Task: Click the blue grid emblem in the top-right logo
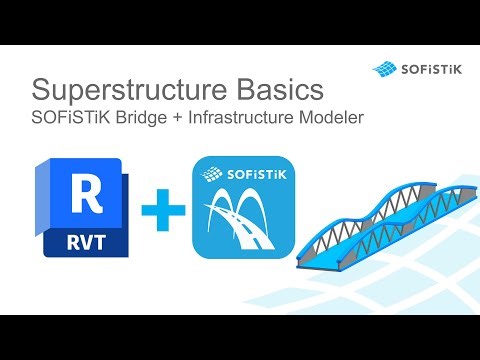tap(386, 68)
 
